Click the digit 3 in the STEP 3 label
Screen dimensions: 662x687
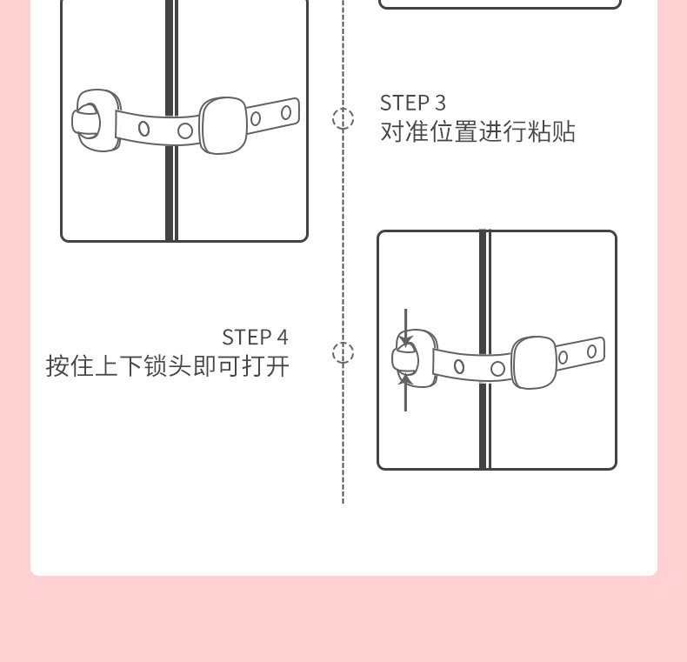point(440,103)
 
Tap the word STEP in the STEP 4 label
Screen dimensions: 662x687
point(248,338)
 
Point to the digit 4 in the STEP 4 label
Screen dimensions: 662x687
point(282,338)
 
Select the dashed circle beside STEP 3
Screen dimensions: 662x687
point(343,118)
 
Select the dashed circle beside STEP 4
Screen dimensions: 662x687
point(343,352)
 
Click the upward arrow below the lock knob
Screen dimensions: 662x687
point(405,392)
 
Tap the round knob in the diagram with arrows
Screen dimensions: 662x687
point(404,359)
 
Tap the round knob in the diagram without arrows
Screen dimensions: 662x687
point(87,120)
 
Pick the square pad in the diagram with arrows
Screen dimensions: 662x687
point(534,362)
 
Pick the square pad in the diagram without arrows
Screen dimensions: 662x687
point(223,125)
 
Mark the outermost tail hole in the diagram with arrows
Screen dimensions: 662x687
point(591,351)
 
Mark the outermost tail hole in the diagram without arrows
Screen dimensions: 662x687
point(286,113)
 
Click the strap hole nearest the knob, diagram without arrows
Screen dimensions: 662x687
point(144,129)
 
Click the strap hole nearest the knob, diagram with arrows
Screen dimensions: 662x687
point(459,366)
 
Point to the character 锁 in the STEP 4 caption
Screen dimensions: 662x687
point(156,366)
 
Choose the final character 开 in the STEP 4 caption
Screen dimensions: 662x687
point(277,366)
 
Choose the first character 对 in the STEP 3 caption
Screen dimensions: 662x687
point(392,132)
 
